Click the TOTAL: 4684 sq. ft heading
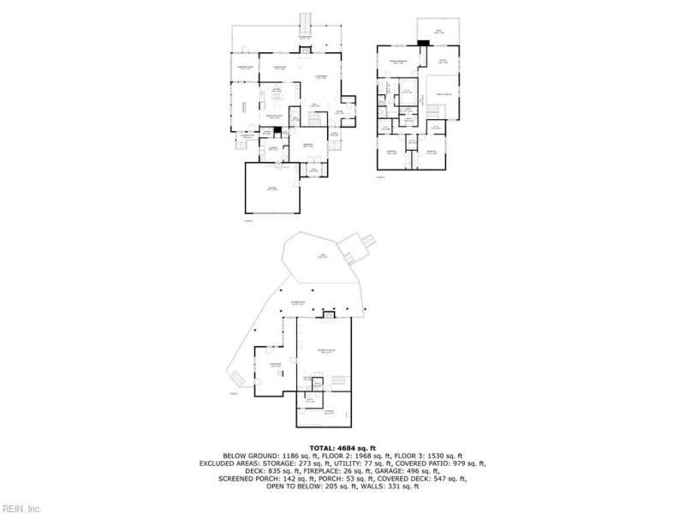coord(342,446)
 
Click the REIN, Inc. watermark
coord(21,508)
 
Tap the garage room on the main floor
coord(271,188)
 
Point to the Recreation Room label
coord(325,351)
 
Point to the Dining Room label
coord(279,67)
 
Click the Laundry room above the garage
coord(273,147)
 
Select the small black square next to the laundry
coord(276,131)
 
